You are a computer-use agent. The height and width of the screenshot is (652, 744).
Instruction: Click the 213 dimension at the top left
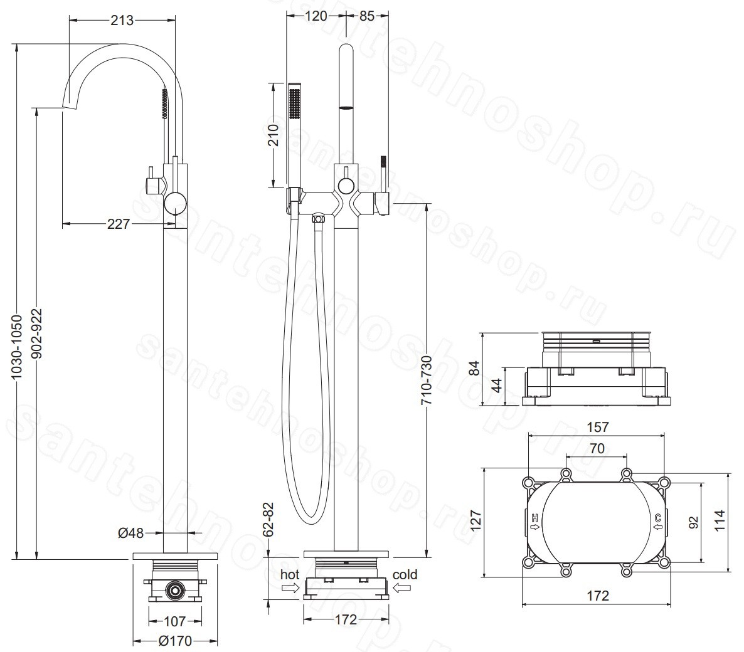click(x=122, y=20)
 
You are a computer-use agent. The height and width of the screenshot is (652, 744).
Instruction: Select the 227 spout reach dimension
click(x=118, y=223)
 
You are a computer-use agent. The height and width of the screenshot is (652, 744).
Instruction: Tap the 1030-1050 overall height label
click(x=16, y=346)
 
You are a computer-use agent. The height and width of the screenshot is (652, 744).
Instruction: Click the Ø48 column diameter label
click(x=130, y=533)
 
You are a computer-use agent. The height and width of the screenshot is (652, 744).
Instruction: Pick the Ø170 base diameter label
click(x=175, y=641)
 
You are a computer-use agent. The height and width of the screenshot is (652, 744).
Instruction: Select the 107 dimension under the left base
click(x=174, y=621)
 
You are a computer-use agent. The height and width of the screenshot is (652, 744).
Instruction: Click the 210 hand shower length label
click(x=273, y=135)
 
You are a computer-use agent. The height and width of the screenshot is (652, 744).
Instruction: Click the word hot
click(x=290, y=574)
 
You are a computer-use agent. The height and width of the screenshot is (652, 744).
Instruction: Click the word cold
click(x=405, y=574)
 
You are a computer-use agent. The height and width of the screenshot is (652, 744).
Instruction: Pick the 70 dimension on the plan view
click(x=597, y=448)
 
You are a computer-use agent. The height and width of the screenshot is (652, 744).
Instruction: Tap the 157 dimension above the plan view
click(x=597, y=427)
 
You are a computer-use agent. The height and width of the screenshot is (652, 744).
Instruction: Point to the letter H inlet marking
click(x=534, y=517)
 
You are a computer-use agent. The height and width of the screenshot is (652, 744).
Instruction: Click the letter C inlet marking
click(x=657, y=517)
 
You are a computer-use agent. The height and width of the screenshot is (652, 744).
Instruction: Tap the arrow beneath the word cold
click(x=402, y=588)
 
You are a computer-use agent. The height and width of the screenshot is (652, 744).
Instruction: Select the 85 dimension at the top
click(x=367, y=16)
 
